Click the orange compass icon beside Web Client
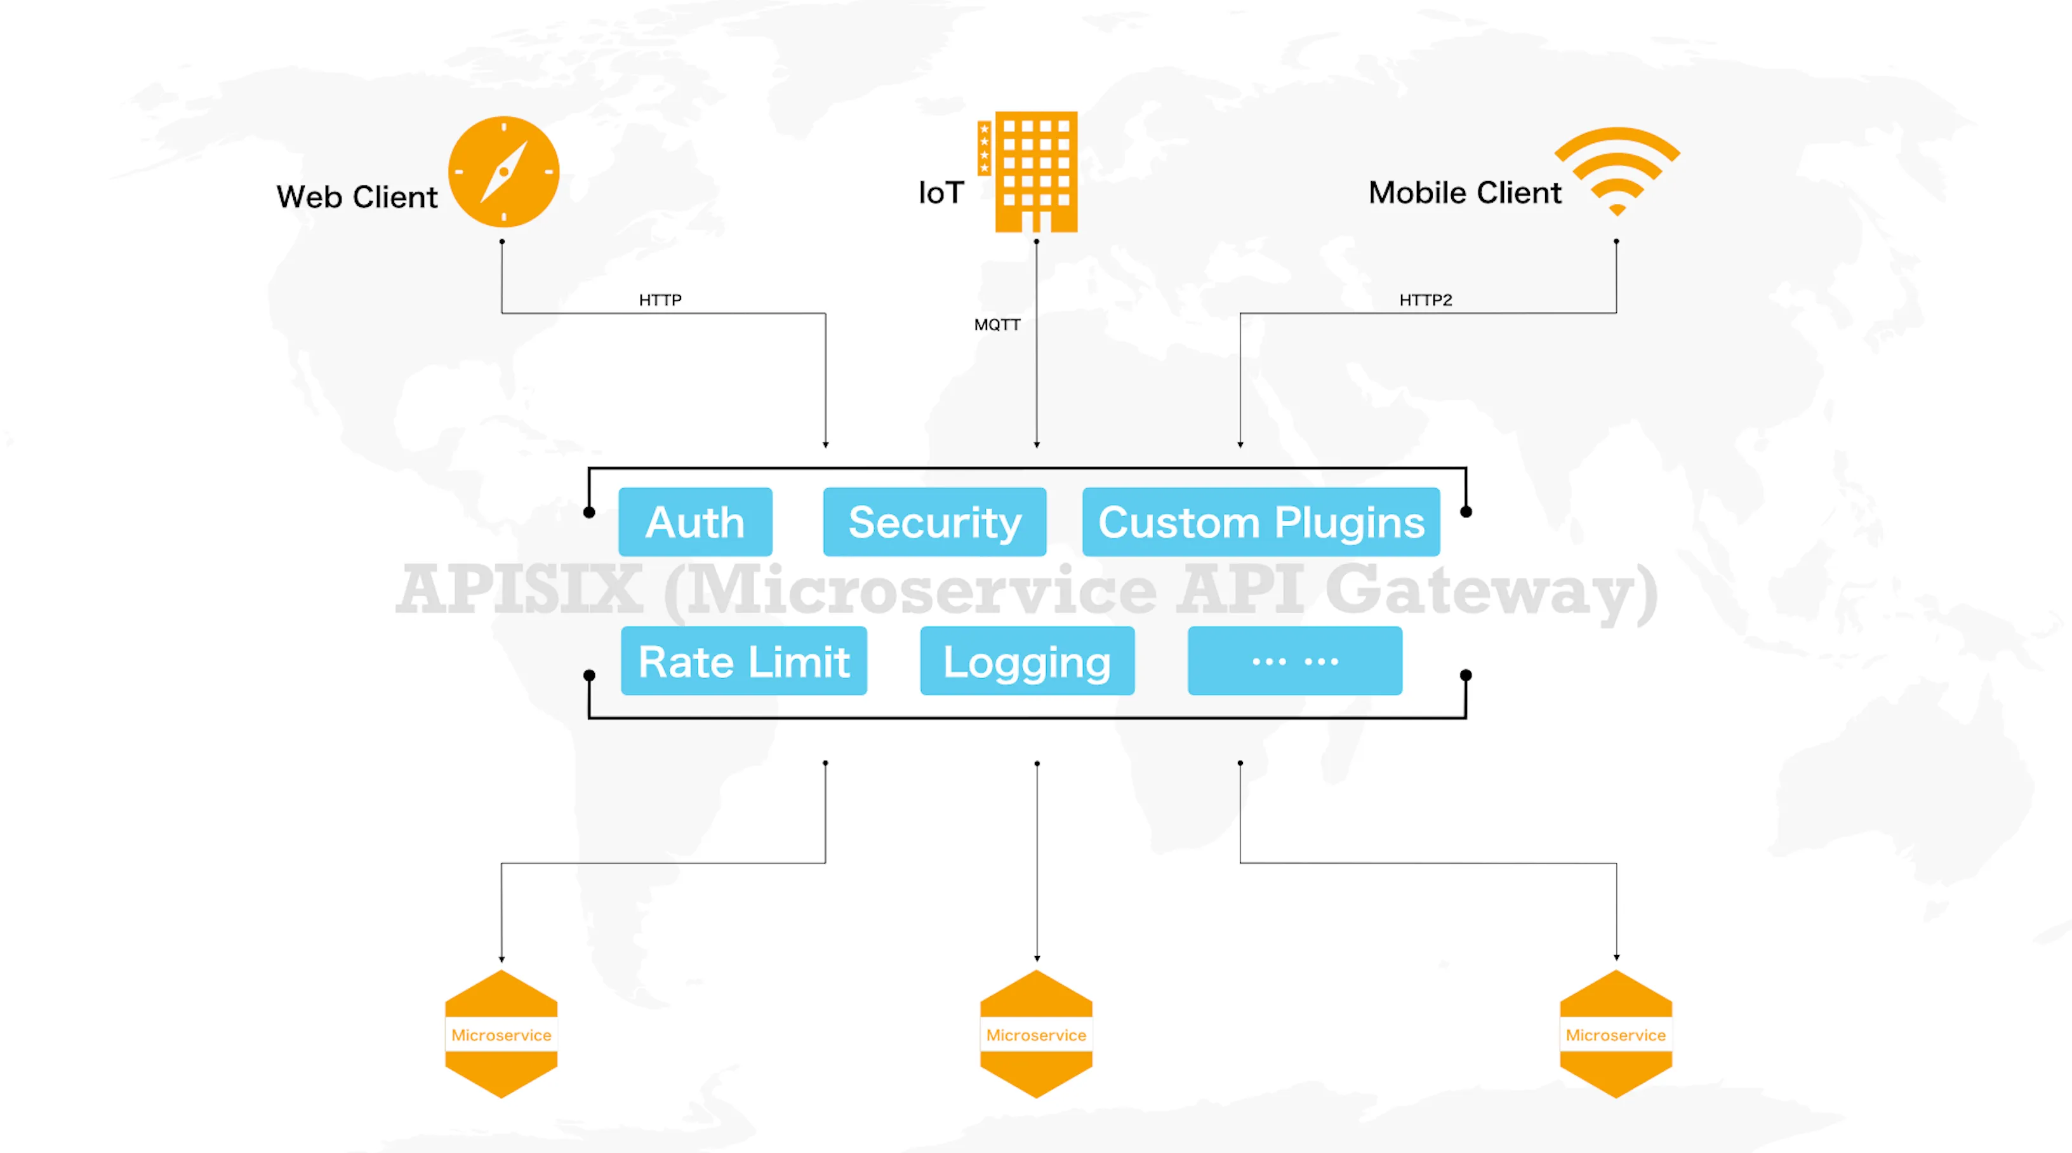[x=503, y=171]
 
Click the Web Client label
[x=357, y=197]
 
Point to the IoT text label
[x=941, y=193]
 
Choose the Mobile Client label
[x=1464, y=193]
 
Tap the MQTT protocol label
[x=997, y=325]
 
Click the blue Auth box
[x=695, y=522]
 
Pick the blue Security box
[x=934, y=522]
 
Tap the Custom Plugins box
[x=1261, y=522]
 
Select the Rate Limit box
[x=744, y=662]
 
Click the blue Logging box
[x=1027, y=662]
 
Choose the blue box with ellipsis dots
[x=1295, y=662]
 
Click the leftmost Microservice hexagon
[x=501, y=1035]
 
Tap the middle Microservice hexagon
[x=1036, y=1035]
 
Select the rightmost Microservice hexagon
[x=1616, y=1035]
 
